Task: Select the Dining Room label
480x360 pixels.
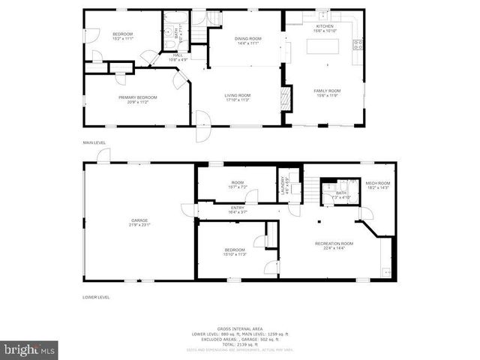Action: point(248,40)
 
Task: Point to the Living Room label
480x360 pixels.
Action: point(238,97)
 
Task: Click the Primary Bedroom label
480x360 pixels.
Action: point(137,99)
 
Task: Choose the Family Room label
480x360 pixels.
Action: point(327,92)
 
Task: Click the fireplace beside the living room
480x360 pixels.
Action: point(283,97)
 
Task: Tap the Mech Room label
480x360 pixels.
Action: point(377,184)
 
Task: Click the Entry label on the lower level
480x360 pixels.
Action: point(238,210)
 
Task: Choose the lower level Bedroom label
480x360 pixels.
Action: point(235,252)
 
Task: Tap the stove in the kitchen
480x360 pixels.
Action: point(358,44)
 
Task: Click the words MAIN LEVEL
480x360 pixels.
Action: point(94,142)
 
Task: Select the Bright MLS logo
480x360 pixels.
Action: point(29,349)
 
